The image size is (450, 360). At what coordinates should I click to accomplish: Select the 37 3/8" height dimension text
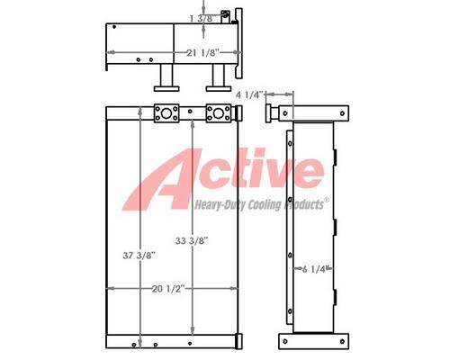click(139, 256)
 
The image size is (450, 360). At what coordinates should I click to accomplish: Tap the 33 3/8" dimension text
click(192, 240)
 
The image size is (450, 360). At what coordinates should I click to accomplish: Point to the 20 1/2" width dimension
click(167, 289)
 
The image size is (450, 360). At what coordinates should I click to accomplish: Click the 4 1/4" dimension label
click(249, 95)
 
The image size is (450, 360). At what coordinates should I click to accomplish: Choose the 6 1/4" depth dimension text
click(314, 269)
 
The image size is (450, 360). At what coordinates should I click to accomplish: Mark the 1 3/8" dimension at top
click(202, 19)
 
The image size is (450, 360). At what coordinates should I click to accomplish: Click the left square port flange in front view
click(166, 113)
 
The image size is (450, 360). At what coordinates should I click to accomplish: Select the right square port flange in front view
click(219, 113)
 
